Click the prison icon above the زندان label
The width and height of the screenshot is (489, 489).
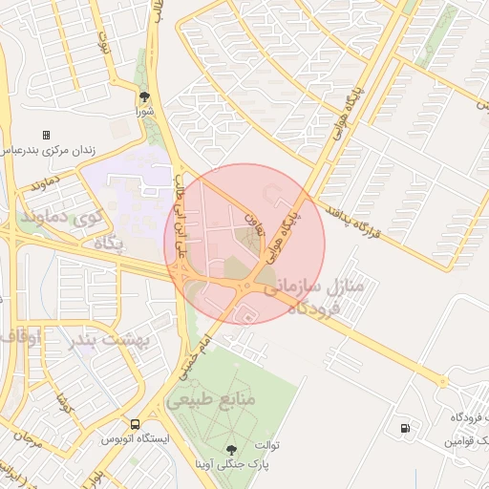tap(45, 137)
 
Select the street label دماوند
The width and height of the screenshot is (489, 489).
tap(45, 181)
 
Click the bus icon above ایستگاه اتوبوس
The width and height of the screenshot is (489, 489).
tap(134, 424)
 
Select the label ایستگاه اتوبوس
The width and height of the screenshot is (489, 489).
tap(137, 440)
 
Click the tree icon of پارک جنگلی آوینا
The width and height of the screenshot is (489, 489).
tap(230, 450)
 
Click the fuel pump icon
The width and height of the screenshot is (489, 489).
tap(408, 427)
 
